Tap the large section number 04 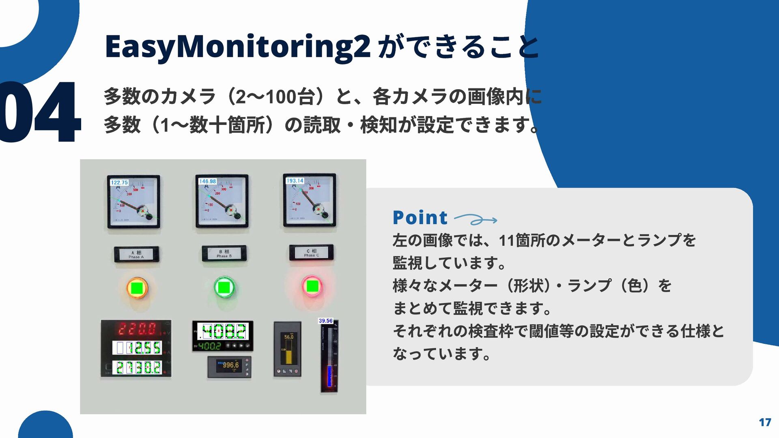click(39, 112)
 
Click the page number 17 click(765, 423)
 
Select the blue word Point click(420, 218)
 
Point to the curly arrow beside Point click(475, 220)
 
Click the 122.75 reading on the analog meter click(119, 182)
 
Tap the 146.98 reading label click(207, 181)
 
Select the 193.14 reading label click(295, 180)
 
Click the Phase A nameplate click(136, 254)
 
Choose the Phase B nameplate click(224, 253)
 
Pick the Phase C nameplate click(312, 253)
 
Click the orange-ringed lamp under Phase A click(137, 288)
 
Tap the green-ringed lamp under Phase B click(224, 287)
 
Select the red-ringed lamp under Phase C click(312, 286)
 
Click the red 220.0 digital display click(137, 328)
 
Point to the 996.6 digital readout click(230, 365)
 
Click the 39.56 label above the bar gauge click(325, 321)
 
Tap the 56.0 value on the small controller click(288, 337)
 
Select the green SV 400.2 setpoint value click(210, 346)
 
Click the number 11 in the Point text click(506, 240)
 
